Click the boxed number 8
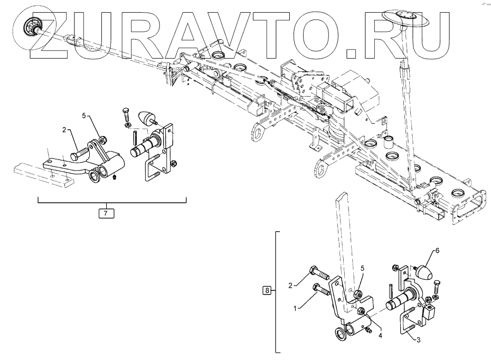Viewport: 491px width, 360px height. (268, 290)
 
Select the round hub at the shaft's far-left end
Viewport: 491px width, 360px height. (32, 26)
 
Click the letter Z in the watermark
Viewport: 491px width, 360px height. (52, 34)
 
